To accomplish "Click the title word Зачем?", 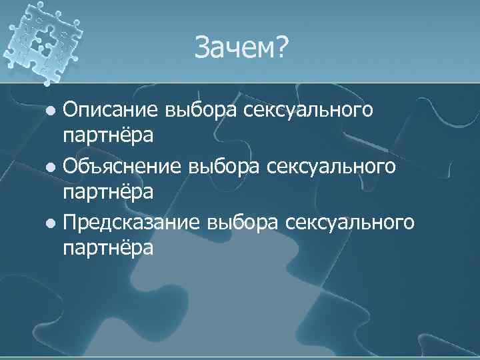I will [x=239, y=48].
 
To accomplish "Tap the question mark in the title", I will [x=279, y=47].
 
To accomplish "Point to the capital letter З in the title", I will [x=203, y=47].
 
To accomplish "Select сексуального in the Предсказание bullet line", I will [x=350, y=221].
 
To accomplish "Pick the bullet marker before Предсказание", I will [x=53, y=222].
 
